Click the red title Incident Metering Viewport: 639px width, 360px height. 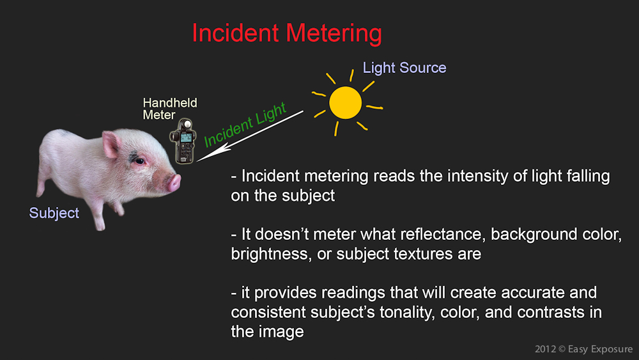coord(287,33)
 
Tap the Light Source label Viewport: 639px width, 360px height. coord(404,68)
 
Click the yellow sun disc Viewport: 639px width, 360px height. coord(346,102)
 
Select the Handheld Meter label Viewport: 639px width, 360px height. coord(170,109)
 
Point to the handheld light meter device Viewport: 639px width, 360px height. coord(183,141)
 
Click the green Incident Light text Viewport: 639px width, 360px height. coord(245,124)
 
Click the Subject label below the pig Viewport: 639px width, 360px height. coord(54,213)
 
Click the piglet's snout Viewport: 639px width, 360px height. coord(174,182)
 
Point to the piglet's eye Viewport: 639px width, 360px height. coord(140,161)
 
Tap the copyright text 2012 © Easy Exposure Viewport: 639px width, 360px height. coord(583,349)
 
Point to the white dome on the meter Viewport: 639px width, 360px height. coord(187,123)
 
